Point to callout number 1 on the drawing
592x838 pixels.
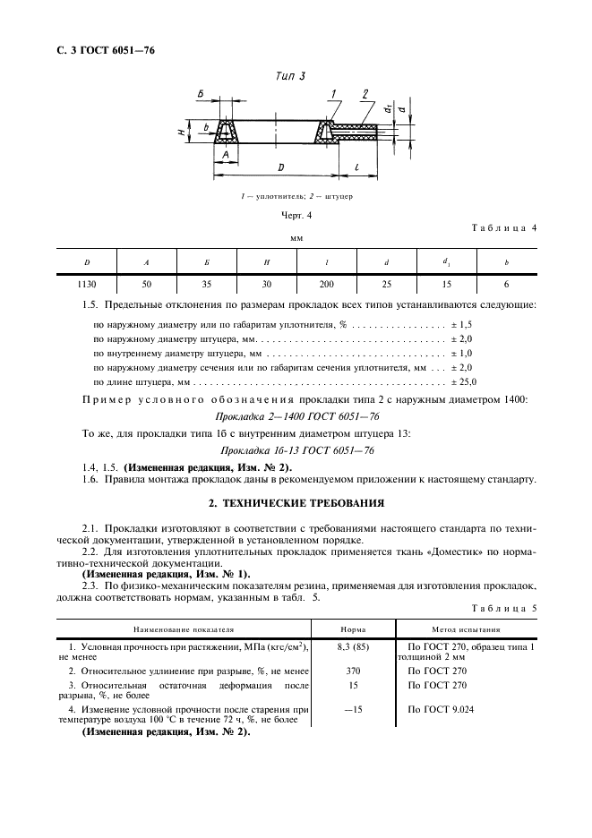pos(332,94)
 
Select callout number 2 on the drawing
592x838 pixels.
pos(365,94)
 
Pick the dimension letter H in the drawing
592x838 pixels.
pos(182,133)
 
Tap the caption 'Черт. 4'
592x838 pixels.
pos(296,215)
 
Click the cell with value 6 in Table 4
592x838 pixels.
pos(506,284)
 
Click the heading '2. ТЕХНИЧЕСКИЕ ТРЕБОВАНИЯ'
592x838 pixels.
pos(296,503)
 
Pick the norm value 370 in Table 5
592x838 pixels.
pos(352,670)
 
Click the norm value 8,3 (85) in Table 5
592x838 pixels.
pos(352,646)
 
